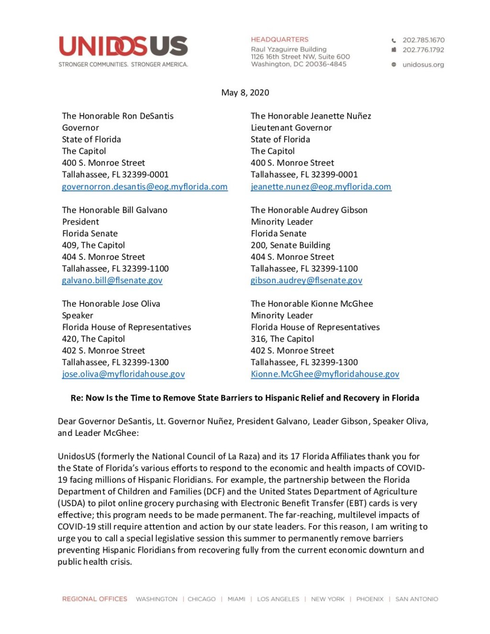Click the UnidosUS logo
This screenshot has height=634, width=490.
123,47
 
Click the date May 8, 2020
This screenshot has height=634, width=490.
245,93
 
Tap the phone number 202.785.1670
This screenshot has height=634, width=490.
423,40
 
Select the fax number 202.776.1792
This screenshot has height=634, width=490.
423,50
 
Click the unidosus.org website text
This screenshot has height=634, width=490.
423,65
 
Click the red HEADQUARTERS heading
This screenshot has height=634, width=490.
279,40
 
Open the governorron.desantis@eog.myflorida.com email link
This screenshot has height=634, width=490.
145,187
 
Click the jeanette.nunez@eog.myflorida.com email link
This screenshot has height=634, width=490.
321,187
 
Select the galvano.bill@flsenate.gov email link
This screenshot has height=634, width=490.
112,280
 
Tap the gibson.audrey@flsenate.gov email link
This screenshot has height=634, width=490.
306,280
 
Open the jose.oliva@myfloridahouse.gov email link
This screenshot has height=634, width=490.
123,374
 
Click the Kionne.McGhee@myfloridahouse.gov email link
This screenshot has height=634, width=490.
325,374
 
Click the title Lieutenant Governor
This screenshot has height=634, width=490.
291,128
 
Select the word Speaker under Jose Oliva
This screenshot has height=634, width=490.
78,315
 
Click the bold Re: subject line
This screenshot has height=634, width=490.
245,398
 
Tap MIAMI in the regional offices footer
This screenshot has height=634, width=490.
236,599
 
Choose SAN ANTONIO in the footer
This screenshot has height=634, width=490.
416,599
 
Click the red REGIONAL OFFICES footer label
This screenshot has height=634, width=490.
95,599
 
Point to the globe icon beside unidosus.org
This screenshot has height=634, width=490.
394,65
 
